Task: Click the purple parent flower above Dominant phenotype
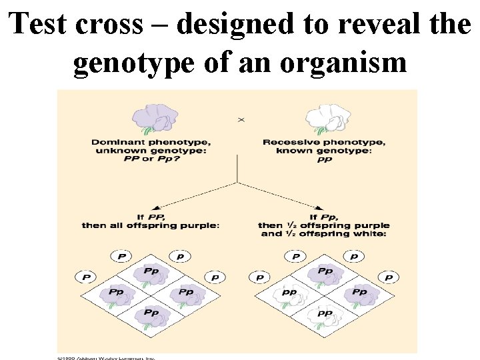156,115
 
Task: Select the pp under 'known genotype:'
325,160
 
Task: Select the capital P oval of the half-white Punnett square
295,257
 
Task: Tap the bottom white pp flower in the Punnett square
325,313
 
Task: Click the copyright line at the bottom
106,357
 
